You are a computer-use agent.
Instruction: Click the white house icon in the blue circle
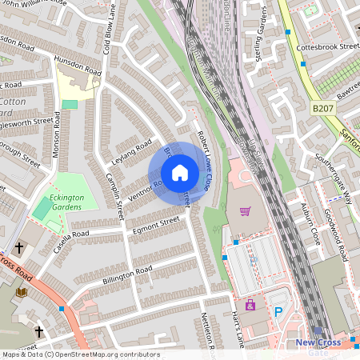point(180,173)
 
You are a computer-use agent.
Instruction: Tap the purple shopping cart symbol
point(245,212)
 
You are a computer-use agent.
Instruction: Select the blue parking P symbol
point(278,311)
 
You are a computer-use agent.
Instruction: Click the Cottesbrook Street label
point(327,47)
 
